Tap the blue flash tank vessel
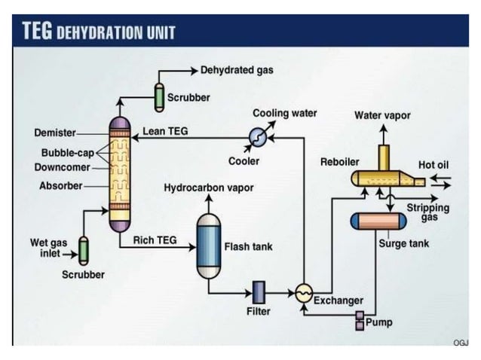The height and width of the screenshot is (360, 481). pyautogui.click(x=209, y=246)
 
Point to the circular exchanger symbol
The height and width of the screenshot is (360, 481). pyautogui.click(x=303, y=294)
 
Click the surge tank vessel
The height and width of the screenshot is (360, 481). pyautogui.click(x=378, y=221)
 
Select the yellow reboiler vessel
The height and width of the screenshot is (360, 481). pyautogui.click(x=381, y=178)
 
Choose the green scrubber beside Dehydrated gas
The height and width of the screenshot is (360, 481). pyautogui.click(x=160, y=95)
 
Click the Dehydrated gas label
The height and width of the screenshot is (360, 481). pyautogui.click(x=236, y=70)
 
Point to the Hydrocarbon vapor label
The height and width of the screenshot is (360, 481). pyautogui.click(x=209, y=188)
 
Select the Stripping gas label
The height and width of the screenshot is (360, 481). pyautogui.click(x=427, y=212)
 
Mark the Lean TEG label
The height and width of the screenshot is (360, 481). pyautogui.click(x=165, y=131)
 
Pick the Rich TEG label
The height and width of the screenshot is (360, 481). pyautogui.click(x=155, y=240)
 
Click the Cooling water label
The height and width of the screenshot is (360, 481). pyautogui.click(x=284, y=114)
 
